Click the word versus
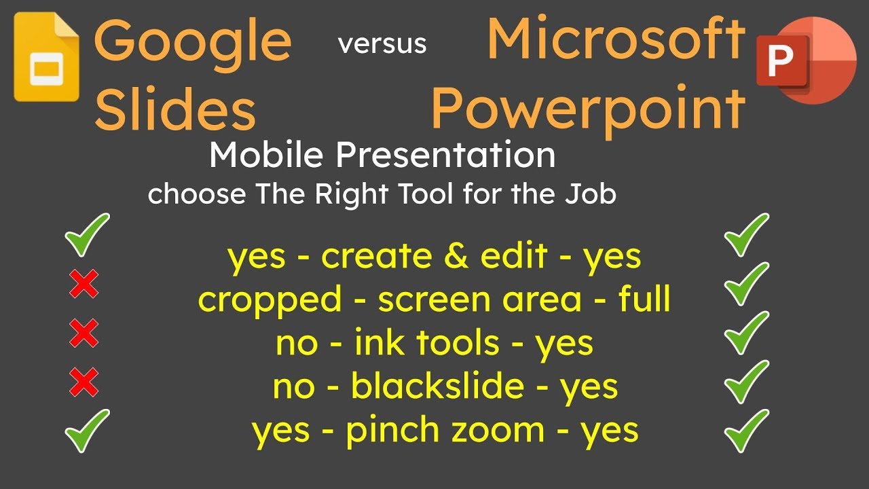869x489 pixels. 382,44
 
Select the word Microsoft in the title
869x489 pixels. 616,39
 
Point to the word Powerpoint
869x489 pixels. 588,108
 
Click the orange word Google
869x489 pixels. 193,41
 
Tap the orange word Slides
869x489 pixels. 174,110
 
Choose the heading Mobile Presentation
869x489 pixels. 382,156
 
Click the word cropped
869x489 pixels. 270,300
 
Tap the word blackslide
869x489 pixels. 437,387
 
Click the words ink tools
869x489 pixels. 426,344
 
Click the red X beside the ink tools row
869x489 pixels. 84,333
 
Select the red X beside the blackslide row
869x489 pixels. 84,384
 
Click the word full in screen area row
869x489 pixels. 644,300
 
